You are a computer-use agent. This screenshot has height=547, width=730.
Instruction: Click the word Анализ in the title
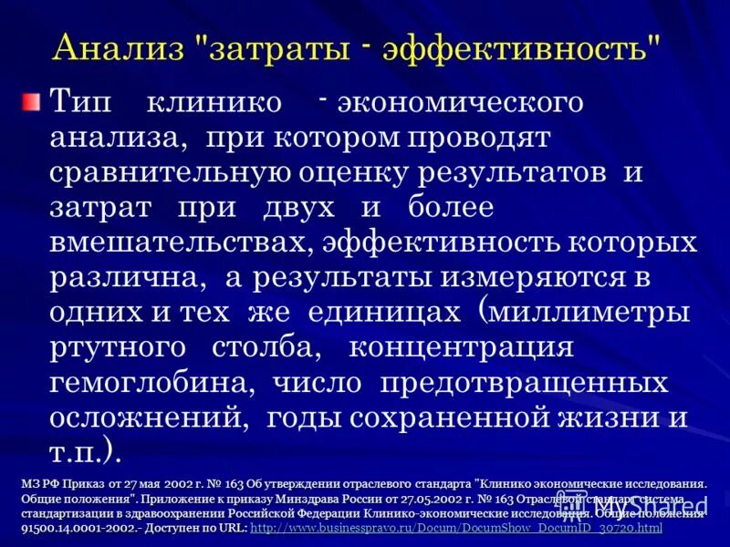[123, 48]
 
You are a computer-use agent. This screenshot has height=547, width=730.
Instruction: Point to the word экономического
[460, 102]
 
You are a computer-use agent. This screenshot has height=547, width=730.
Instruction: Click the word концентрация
[462, 347]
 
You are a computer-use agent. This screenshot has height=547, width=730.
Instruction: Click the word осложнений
[146, 418]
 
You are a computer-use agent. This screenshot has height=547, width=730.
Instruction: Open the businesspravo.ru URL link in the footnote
[456, 527]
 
